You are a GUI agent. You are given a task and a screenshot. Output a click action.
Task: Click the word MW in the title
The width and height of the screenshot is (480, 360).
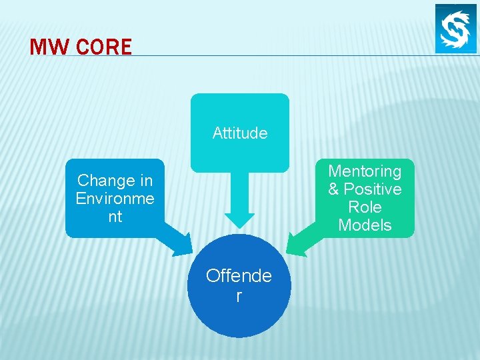click(49, 47)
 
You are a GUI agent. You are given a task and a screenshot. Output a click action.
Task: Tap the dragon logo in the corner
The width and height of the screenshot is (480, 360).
click(456, 28)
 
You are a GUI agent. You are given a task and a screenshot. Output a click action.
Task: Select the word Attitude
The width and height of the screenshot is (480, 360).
click(240, 133)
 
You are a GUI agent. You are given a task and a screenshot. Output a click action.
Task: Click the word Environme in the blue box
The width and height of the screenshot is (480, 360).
click(115, 199)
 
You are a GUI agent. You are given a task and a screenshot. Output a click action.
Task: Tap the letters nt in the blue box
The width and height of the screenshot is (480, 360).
click(115, 217)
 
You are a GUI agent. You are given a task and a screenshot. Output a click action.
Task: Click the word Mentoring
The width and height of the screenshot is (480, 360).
click(365, 171)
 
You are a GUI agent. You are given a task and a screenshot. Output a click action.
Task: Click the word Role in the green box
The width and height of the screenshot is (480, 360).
click(365, 207)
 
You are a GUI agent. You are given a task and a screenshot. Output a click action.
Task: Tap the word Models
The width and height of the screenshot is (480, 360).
click(365, 225)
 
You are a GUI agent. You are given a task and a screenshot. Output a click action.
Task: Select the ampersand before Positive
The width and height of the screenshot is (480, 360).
click(333, 189)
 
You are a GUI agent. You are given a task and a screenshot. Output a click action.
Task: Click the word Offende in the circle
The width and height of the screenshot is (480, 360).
click(239, 276)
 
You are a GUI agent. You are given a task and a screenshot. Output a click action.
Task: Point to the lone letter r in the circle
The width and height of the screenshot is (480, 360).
click(239, 296)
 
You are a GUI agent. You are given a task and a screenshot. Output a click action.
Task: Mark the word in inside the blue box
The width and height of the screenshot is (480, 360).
click(145, 181)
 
